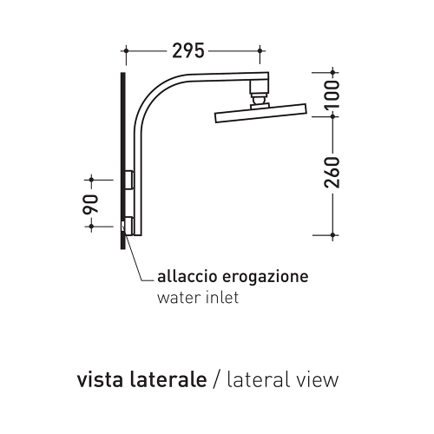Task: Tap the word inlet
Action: pyautogui.click(x=220, y=299)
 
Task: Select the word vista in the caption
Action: pyautogui.click(x=99, y=379)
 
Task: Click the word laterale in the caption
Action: pyautogui.click(x=168, y=379)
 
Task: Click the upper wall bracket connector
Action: pyautogui.click(x=129, y=180)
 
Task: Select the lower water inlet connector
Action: pyautogui.click(x=129, y=226)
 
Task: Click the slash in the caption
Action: pyautogui.click(x=219, y=380)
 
